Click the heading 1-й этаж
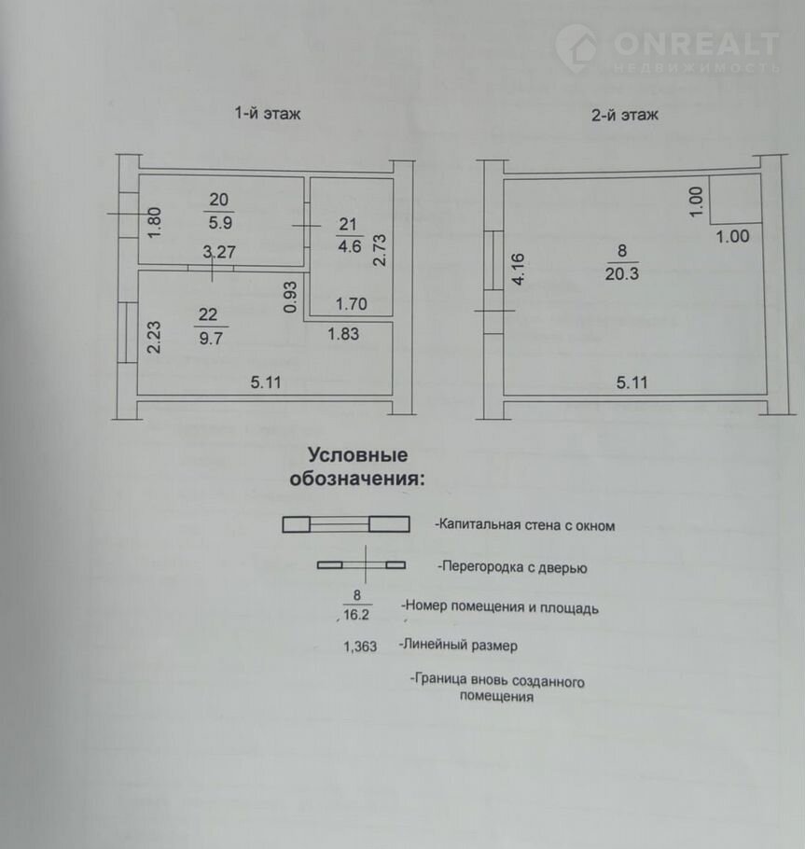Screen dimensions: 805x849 (267, 113)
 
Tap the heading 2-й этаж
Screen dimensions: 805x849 (624, 114)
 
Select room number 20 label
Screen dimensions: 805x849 (218, 200)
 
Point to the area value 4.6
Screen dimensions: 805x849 (350, 246)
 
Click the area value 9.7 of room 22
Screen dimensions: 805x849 (211, 338)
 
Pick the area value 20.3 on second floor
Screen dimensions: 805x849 (621, 273)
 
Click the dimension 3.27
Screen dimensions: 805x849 (218, 252)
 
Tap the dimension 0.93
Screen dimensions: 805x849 (290, 297)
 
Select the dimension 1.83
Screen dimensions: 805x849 (343, 334)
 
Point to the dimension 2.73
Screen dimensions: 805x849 (380, 250)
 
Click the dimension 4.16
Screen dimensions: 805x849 (518, 269)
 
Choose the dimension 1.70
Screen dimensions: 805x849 (352, 304)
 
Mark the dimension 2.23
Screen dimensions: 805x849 (154, 338)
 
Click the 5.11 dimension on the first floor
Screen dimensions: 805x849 (266, 383)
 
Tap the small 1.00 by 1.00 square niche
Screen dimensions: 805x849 (735, 199)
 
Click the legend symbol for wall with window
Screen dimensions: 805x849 (346, 524)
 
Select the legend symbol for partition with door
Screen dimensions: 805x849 (361, 564)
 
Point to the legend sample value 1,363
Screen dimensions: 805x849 (360, 646)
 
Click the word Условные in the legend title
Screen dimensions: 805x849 (358, 455)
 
